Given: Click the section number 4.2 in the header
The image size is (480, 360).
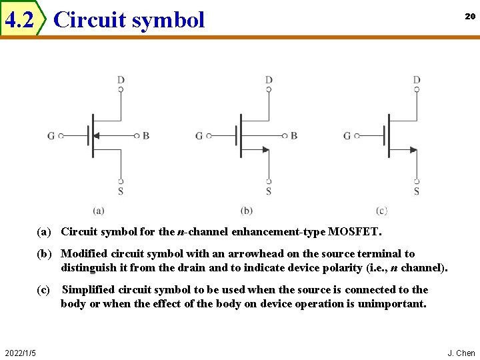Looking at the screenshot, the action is coord(19,21).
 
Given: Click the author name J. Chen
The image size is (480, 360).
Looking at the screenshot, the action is coord(461,353).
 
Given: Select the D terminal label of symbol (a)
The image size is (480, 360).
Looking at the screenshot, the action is coord(121,80).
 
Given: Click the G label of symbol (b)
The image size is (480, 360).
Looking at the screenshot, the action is coord(199,136).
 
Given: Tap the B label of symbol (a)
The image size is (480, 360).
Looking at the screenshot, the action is coord(146,136).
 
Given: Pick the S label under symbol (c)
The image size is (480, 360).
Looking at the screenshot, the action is coord(417,192).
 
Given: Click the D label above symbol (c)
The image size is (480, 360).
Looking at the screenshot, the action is coord(417,80).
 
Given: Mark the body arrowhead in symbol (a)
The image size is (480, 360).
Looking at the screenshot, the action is coord(96,135).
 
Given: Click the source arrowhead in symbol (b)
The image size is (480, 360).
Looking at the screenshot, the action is coord(265,150).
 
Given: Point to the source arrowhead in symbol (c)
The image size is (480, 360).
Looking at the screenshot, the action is coord(413,150).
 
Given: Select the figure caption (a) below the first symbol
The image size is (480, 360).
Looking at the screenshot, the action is coord(99,211).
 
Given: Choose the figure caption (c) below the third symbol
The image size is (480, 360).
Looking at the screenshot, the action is coord(381,211).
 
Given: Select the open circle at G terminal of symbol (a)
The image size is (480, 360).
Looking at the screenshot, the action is coord(61,136).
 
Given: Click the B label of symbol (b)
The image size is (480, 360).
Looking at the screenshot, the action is coord(294,136).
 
